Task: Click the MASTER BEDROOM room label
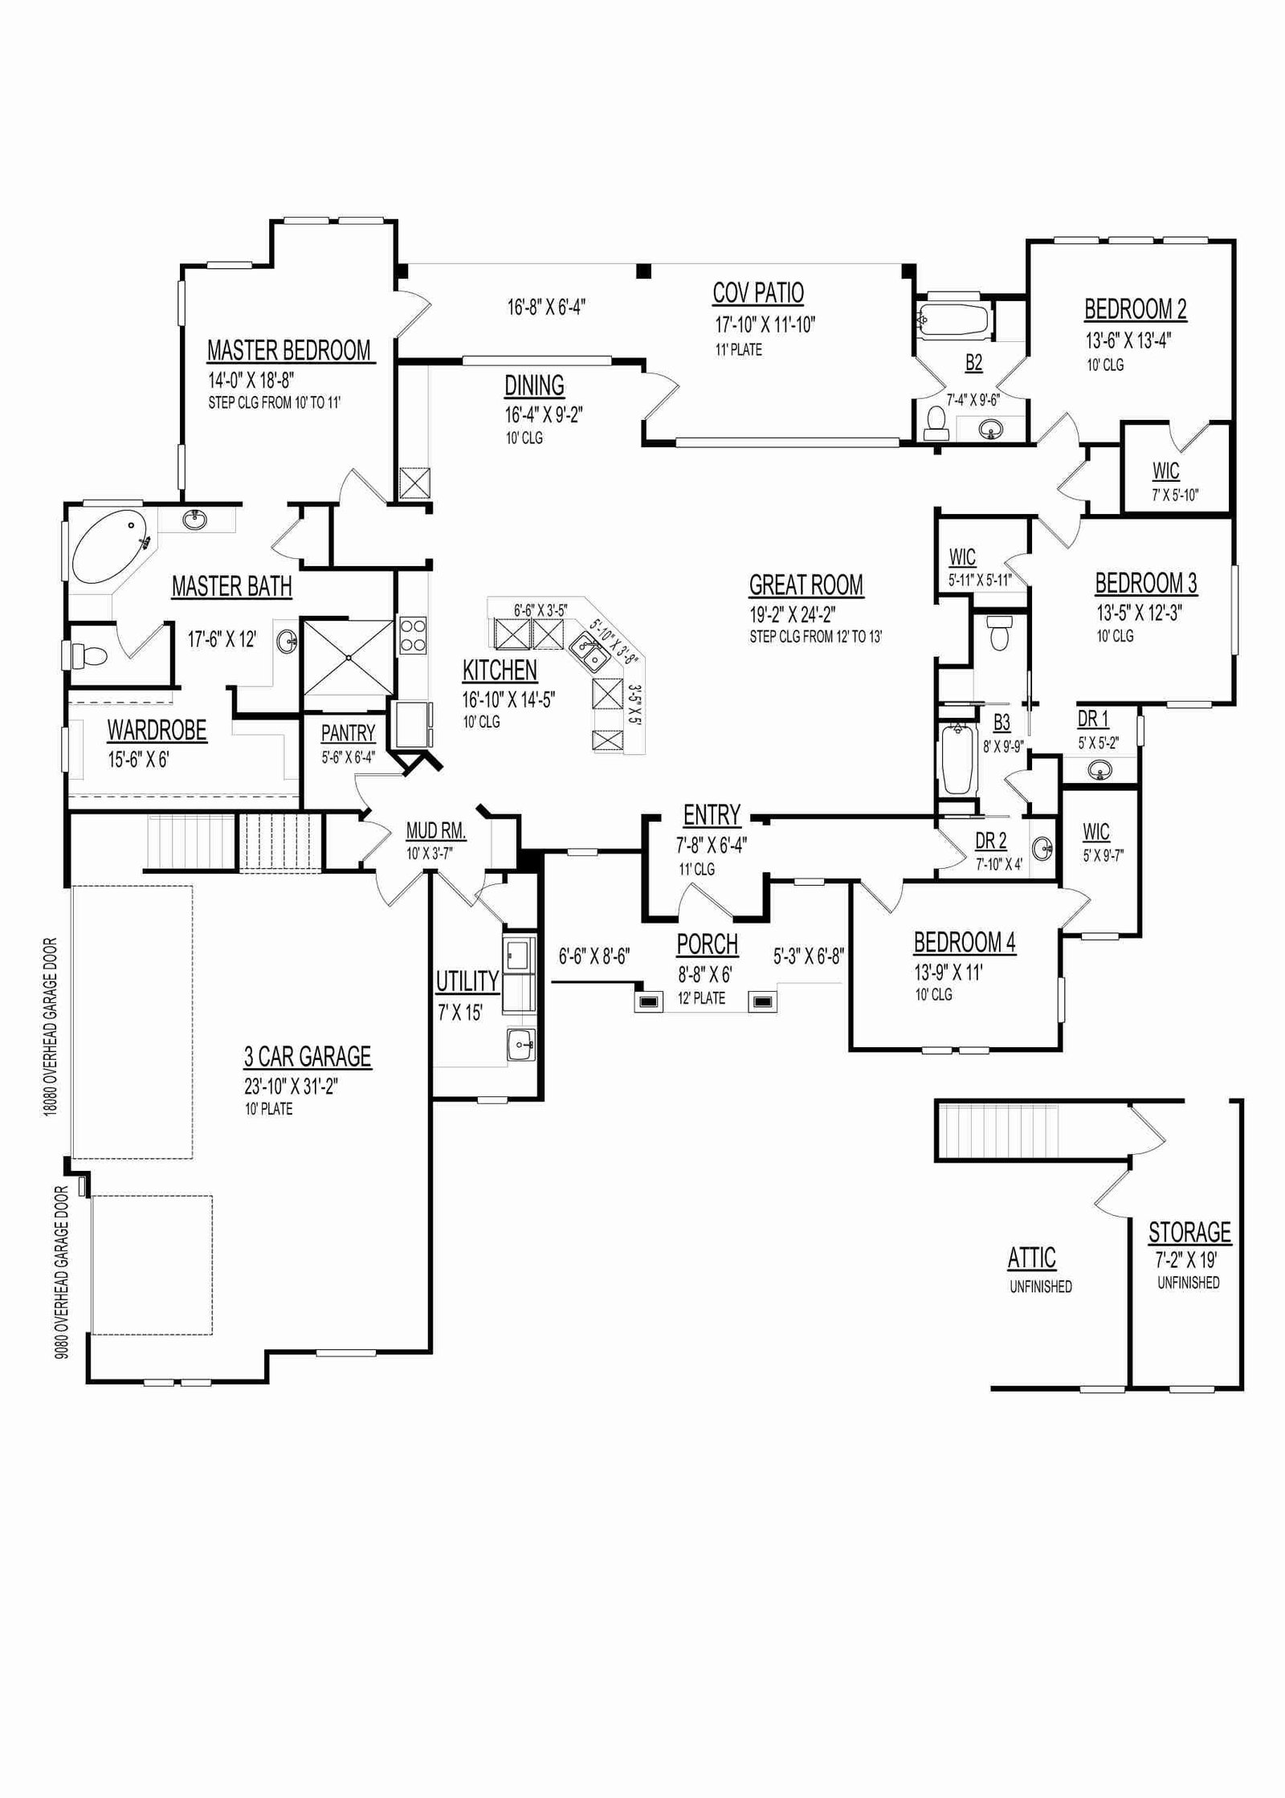289,351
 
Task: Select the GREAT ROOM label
806,585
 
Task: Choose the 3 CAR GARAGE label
308,1056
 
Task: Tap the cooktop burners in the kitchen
413,634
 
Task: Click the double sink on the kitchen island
589,651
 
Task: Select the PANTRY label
348,733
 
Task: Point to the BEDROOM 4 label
965,942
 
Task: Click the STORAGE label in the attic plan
1189,1232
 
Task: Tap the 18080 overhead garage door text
51,1025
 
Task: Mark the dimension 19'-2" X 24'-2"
793,616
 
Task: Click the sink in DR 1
1101,771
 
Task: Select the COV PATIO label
758,293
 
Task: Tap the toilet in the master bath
88,656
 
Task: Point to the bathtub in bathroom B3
956,758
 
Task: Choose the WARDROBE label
157,730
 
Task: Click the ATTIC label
1032,1258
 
